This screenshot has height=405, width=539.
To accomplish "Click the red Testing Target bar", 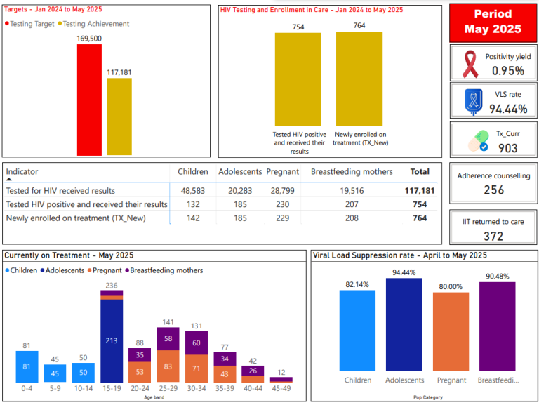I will tap(89, 100).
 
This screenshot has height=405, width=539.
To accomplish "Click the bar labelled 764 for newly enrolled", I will tap(359, 79).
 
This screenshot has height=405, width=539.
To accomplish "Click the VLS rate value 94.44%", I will tap(508, 108).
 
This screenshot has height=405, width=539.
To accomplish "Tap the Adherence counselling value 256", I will tap(493, 190).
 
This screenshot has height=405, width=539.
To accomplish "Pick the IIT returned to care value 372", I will tap(493, 236).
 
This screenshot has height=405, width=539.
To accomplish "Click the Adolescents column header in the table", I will tap(239, 172).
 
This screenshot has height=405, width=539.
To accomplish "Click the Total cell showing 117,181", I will tap(420, 190).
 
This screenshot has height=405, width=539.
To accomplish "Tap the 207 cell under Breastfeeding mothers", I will tap(352, 204).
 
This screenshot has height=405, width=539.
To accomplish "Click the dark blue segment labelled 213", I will tap(111, 340).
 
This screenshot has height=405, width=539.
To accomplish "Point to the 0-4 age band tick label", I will tap(27, 387).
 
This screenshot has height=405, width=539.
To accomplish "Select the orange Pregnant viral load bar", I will tap(451, 331).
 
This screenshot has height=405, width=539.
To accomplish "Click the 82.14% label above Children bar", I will tap(357, 284).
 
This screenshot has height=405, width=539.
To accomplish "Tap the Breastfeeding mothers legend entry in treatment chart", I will tap(166, 270).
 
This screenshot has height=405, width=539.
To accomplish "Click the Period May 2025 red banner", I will tap(493, 22).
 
